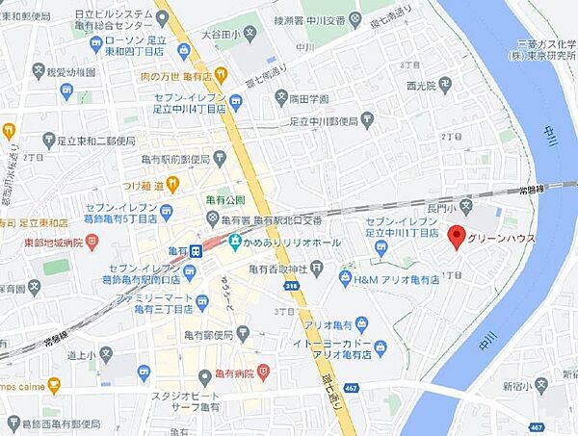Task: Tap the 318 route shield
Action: point(291,286)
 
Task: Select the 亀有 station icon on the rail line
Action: point(195,250)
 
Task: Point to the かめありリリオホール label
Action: point(291,244)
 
